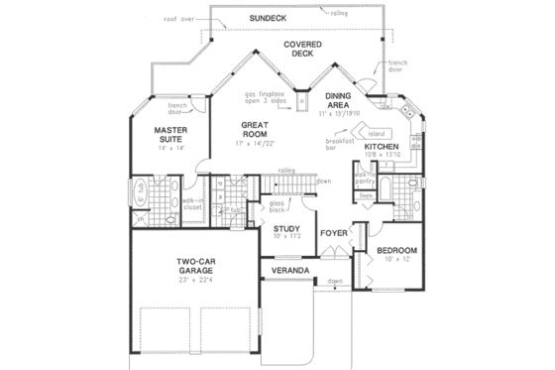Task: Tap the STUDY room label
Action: tap(287, 229)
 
